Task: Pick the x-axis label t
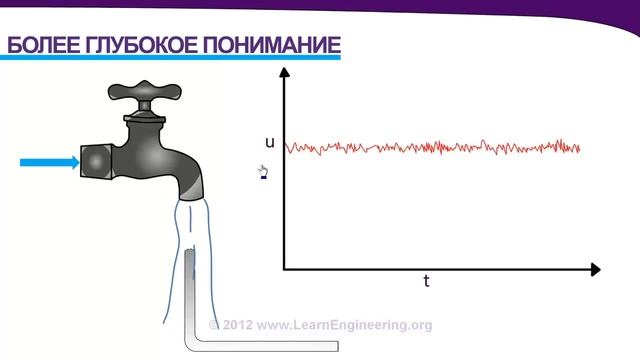click(426, 281)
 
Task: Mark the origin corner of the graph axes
click(284, 269)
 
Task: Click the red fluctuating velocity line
click(430, 148)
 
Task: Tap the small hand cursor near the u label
click(264, 173)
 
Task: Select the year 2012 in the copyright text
click(237, 325)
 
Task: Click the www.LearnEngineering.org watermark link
click(344, 325)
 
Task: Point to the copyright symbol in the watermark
click(213, 325)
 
